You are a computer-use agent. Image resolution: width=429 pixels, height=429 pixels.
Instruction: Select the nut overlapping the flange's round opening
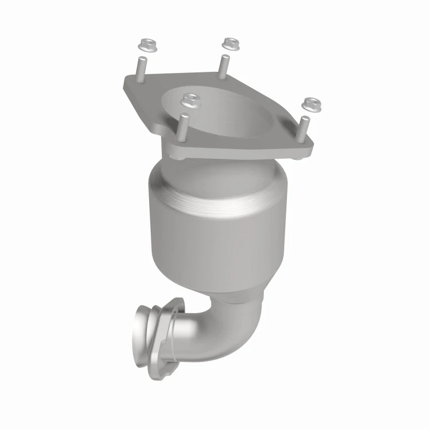point(188,99)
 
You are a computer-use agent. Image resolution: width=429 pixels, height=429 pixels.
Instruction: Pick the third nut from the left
point(230,42)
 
